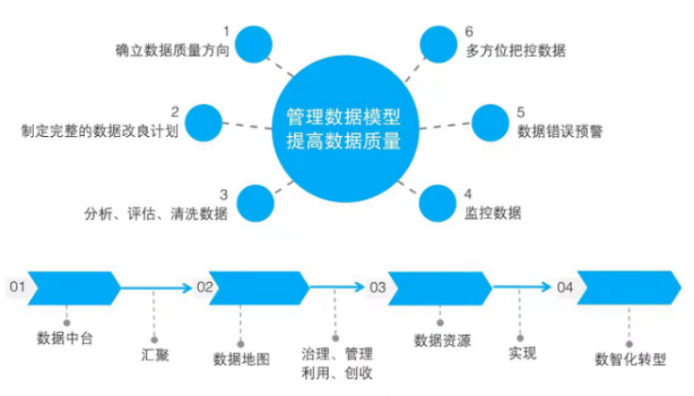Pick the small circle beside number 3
(x=257, y=203)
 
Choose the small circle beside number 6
(x=438, y=43)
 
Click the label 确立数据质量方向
(x=171, y=51)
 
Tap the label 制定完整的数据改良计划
(x=100, y=131)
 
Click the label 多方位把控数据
(x=515, y=51)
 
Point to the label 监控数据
(x=493, y=213)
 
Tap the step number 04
(x=565, y=287)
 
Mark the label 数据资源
(x=443, y=341)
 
